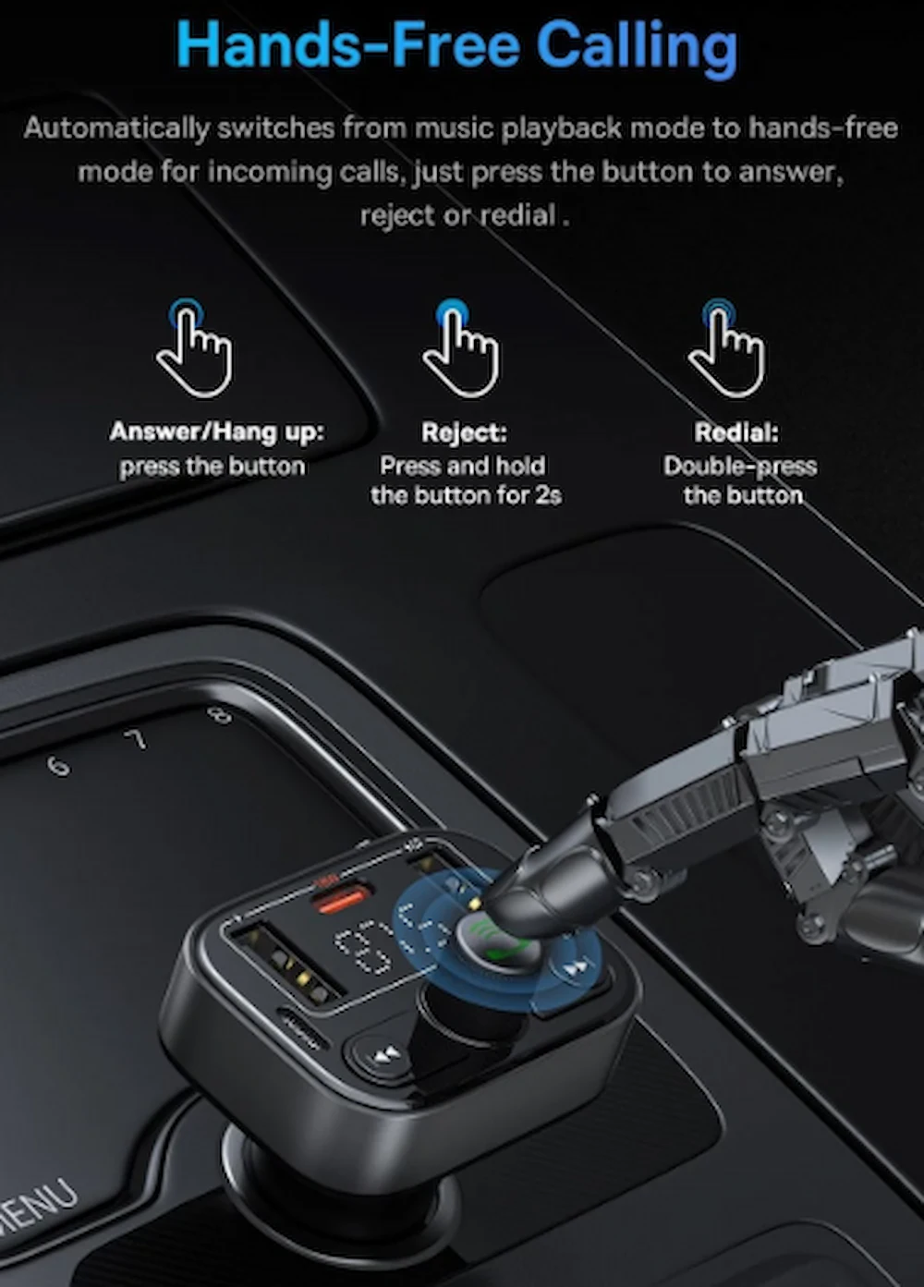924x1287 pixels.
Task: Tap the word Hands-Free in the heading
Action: coord(348,43)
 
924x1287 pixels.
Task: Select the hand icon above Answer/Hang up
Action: coord(194,348)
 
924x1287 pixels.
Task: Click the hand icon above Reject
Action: coord(460,348)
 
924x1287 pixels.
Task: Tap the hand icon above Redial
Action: coord(726,348)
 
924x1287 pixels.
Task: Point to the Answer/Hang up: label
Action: coord(217,432)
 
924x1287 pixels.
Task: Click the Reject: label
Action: coord(464,432)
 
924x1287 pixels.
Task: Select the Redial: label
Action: coord(736,432)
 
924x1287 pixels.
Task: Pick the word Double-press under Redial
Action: coord(740,466)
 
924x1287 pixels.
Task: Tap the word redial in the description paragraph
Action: coord(517,215)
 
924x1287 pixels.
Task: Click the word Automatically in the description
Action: coord(116,128)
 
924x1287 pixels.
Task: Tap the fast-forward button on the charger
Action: coord(576,967)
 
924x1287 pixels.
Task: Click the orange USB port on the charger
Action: coord(341,900)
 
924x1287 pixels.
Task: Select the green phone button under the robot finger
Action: coord(497,942)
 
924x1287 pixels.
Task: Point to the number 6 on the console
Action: coord(59,766)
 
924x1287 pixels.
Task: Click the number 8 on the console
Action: coord(221,715)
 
